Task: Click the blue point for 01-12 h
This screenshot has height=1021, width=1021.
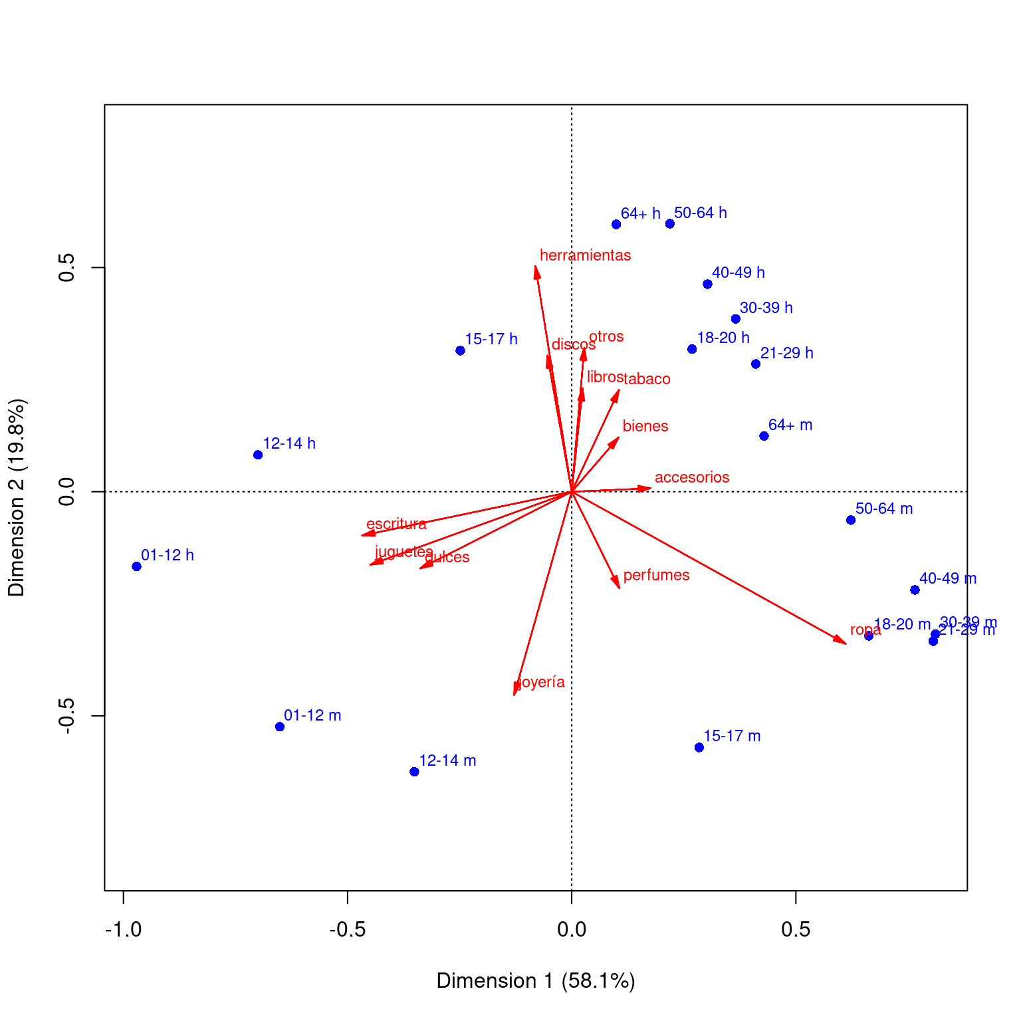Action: (136, 566)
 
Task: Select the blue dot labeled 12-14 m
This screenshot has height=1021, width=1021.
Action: (414, 772)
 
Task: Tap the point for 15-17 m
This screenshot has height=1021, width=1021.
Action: (699, 748)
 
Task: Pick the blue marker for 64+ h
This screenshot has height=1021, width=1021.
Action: (616, 224)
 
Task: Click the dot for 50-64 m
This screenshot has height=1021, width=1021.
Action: (851, 520)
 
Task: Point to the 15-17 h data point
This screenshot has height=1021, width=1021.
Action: (460, 350)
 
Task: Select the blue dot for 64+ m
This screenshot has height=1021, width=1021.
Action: (764, 436)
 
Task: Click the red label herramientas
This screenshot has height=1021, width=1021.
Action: (585, 255)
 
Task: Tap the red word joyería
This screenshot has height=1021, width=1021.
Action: (541, 682)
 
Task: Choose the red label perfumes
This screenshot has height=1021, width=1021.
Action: (656, 575)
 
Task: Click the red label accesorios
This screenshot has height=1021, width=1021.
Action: (692, 477)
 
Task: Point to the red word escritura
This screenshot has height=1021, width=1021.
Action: (396, 524)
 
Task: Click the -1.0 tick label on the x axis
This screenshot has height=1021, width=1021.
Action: (123, 929)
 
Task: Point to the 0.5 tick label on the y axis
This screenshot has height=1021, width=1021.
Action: (66, 268)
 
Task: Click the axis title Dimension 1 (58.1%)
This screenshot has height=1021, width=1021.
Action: (535, 981)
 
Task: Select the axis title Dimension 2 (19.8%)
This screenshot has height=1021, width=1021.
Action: (17, 497)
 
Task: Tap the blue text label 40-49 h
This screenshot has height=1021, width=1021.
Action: (738, 273)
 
